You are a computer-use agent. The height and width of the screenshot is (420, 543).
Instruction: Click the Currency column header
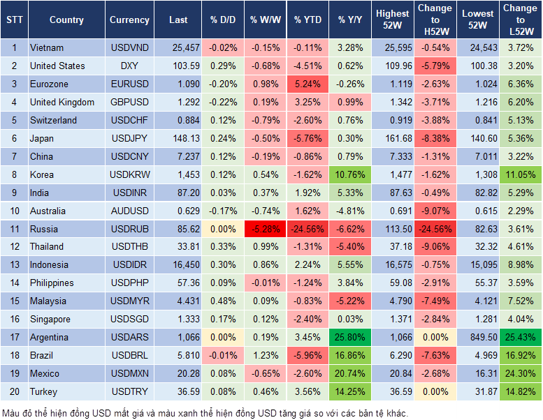[129, 20]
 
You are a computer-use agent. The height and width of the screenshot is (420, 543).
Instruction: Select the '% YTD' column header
[307, 20]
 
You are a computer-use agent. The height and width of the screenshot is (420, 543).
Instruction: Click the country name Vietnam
[47, 47]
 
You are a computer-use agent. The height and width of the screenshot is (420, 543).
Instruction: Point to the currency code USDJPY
[129, 138]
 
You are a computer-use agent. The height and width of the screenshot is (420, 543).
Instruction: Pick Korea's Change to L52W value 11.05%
[521, 174]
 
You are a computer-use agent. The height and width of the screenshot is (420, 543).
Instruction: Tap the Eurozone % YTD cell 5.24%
[307, 84]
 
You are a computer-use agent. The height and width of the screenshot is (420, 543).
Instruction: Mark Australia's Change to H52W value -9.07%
[435, 211]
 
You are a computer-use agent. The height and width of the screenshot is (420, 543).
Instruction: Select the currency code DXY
[129, 66]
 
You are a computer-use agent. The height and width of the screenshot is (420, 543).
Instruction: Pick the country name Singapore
[50, 319]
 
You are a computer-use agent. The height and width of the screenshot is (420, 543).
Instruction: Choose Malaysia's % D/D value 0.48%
[223, 301]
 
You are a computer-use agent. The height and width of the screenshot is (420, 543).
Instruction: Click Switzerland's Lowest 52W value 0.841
[479, 120]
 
